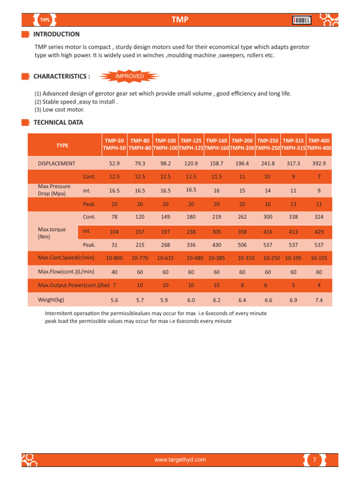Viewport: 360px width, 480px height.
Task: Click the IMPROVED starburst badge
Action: click(x=130, y=76)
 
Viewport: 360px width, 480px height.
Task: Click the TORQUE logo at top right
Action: click(x=302, y=20)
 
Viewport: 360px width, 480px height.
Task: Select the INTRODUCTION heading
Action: click(x=56, y=34)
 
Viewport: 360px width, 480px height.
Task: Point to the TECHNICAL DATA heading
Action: click(x=58, y=123)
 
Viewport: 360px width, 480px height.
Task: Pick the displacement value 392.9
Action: click(x=319, y=164)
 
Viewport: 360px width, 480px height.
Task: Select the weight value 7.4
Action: click(x=319, y=300)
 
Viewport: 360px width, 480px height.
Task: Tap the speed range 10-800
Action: click(x=114, y=258)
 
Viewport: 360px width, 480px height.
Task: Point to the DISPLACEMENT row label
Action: click(x=56, y=164)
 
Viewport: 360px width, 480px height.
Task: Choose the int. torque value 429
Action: click(x=319, y=232)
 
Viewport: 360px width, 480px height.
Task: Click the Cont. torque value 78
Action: click(x=114, y=217)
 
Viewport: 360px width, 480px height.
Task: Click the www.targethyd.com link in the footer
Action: click(x=180, y=460)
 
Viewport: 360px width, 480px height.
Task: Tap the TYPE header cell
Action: click(x=62, y=145)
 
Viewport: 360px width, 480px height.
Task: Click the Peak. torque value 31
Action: click(x=114, y=245)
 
